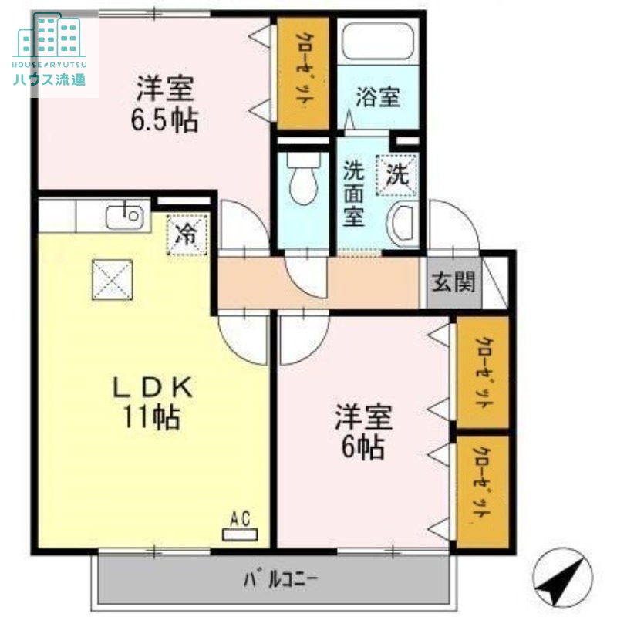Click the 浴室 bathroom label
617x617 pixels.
378,98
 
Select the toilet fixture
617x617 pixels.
302,177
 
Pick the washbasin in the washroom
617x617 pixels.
404,224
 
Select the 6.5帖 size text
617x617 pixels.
165,120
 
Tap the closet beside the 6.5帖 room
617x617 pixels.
302,73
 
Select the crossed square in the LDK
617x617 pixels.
113,279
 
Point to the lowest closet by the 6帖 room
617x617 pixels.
481,491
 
